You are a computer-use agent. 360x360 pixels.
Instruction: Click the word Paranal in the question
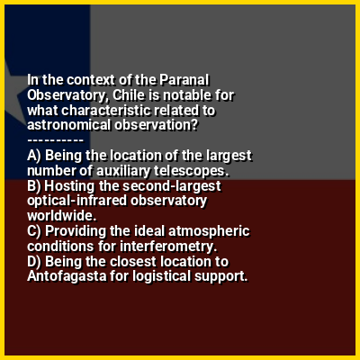(x=184, y=80)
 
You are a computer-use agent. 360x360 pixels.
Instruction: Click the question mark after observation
(x=194, y=125)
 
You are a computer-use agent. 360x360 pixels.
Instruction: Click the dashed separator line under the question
(x=55, y=140)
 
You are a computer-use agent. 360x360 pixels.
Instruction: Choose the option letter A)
(x=34, y=156)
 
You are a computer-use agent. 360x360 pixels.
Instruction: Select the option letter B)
(x=34, y=185)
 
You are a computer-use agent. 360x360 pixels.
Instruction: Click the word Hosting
(x=69, y=185)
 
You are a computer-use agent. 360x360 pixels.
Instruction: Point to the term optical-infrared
(x=77, y=201)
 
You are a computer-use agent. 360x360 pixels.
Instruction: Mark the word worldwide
(x=62, y=216)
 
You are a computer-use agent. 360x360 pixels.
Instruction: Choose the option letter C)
(x=34, y=231)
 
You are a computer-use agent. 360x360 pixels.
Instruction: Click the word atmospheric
(x=209, y=231)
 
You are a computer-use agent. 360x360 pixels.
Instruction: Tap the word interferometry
(x=168, y=247)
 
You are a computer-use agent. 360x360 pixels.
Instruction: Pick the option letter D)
(x=34, y=261)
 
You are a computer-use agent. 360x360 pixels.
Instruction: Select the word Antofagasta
(x=67, y=276)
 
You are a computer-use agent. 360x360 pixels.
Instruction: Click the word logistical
(x=162, y=276)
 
